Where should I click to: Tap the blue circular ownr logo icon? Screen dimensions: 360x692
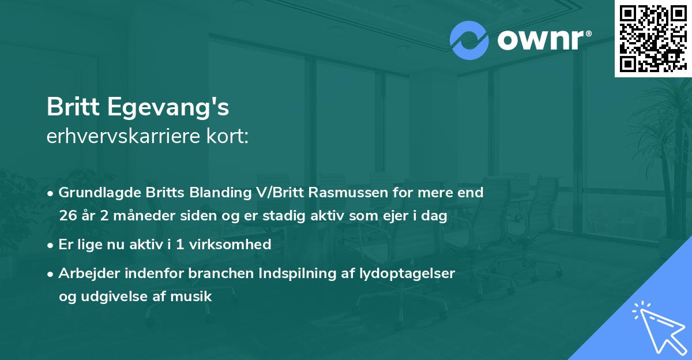[469, 40]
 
